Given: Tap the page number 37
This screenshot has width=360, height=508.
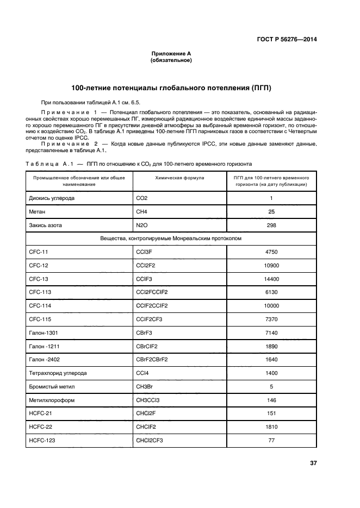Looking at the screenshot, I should pyautogui.click(x=313, y=463).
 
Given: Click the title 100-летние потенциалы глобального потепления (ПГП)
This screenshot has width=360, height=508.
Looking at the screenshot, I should pyautogui.click(x=171, y=87).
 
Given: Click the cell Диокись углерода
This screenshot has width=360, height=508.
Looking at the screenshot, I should pyautogui.click(x=52, y=198).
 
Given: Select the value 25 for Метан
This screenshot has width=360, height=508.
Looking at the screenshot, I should pyautogui.click(x=271, y=211).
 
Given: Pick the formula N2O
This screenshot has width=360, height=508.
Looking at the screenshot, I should pyautogui.click(x=142, y=225).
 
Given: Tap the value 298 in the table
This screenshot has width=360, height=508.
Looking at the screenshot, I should pyautogui.click(x=271, y=225).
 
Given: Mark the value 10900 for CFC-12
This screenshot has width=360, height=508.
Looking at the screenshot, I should pyautogui.click(x=271, y=265).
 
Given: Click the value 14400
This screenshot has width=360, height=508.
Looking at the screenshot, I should pyautogui.click(x=271, y=279).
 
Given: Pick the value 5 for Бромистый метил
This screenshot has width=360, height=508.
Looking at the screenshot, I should pyautogui.click(x=271, y=386).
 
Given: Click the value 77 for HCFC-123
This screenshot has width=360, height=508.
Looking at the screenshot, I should pyautogui.click(x=271, y=440).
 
